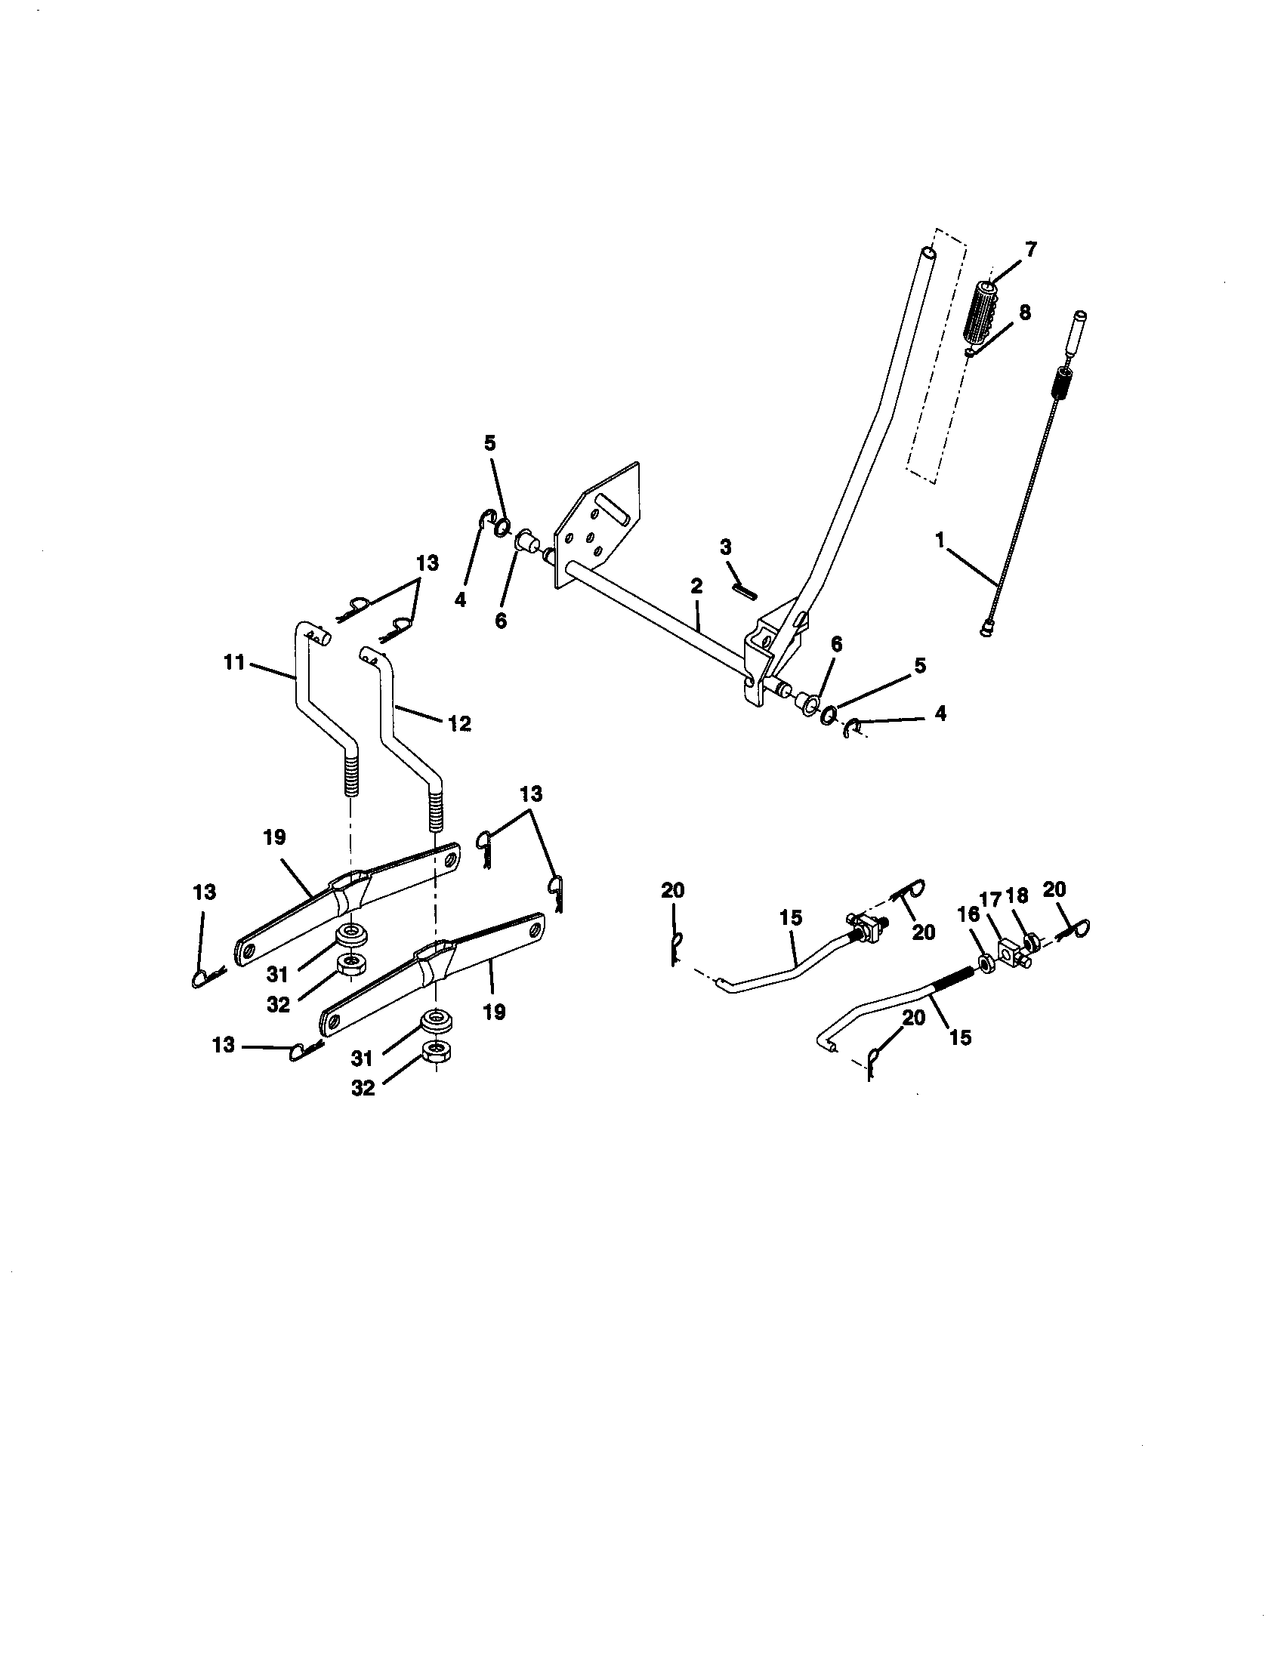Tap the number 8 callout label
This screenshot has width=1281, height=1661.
pos(1025,313)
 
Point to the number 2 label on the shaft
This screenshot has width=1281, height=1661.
pos(697,585)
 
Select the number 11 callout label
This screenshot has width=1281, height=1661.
pos(234,663)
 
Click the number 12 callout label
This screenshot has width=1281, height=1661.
pos(458,723)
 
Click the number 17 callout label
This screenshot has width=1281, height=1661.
pos(990,900)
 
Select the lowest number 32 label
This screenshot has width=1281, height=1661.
pos(363,1088)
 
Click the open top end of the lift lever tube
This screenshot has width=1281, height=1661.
pos(927,251)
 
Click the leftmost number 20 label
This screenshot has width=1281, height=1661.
pos(672,890)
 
